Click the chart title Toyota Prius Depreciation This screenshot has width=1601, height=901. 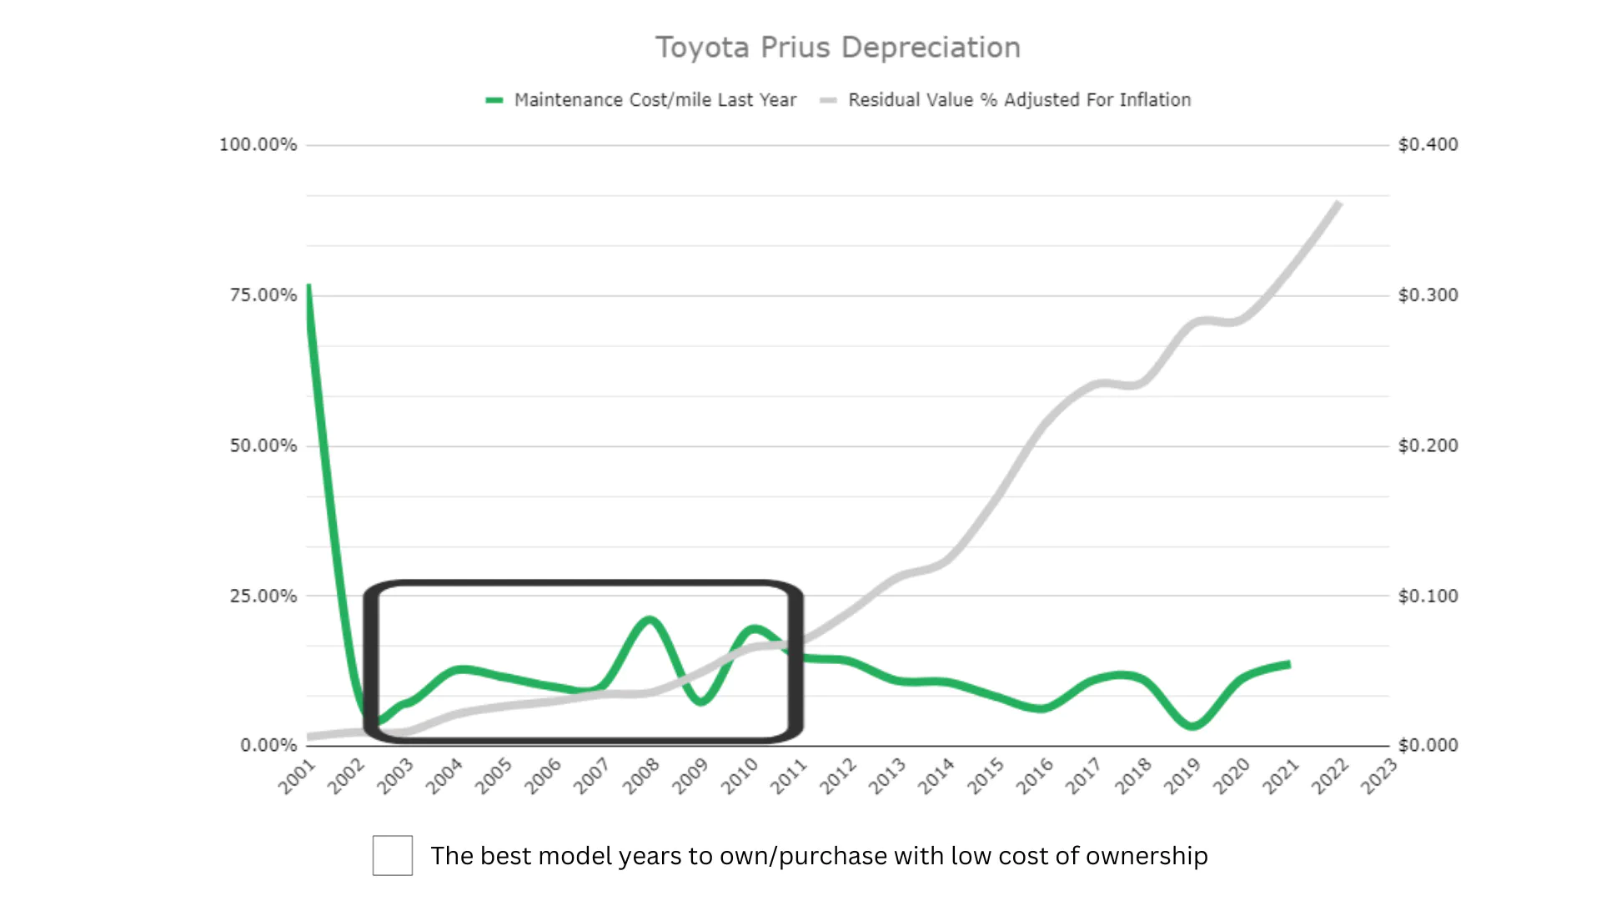[837, 48]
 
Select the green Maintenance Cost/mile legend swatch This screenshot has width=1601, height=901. [494, 100]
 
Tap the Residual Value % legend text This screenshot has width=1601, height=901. [1019, 100]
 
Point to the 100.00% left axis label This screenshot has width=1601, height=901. [258, 144]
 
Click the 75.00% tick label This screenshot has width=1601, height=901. [263, 295]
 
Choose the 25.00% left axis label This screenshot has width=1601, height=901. [263, 596]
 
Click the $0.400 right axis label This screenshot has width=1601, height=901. [1428, 144]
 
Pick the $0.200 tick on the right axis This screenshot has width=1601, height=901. [1428, 445]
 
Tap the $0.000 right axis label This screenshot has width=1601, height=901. [1428, 745]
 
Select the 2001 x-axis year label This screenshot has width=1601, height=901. [297, 777]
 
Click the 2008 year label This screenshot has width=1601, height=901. [641, 777]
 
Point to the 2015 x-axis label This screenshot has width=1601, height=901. [986, 777]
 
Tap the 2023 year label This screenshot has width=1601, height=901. [1379, 777]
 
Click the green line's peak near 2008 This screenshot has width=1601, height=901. [650, 619]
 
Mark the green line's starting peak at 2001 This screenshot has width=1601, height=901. [309, 286]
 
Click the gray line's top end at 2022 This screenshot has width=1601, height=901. [1338, 203]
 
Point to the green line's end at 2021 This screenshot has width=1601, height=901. [1289, 665]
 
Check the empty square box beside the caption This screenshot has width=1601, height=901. [393, 855]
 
